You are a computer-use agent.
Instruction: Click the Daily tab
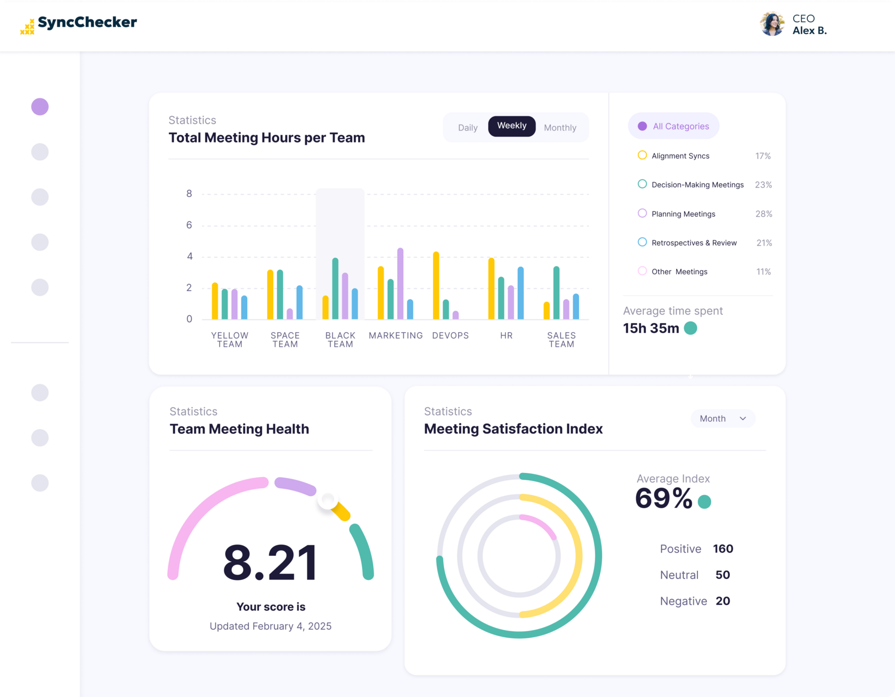[468, 128]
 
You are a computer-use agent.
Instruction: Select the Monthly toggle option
[560, 128]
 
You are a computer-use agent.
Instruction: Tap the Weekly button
[511, 126]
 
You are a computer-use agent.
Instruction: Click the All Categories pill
[673, 126]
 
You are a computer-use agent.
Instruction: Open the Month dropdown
[722, 419]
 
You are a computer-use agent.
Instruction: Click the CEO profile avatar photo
[772, 24]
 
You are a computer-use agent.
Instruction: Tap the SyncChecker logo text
[87, 22]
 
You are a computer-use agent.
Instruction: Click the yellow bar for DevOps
[436, 285]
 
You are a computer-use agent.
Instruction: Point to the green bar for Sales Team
[556, 293]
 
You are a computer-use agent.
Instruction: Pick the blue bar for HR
[520, 293]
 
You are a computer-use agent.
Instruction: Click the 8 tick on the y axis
[189, 194]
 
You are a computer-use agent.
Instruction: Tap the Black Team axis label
[340, 340]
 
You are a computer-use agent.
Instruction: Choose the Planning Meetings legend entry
[683, 214]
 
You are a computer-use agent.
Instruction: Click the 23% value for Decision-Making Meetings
[763, 185]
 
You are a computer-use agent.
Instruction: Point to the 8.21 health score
[271, 562]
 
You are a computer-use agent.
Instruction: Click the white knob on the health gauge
[328, 499]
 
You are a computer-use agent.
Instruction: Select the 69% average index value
[664, 499]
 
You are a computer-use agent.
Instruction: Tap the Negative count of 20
[722, 601]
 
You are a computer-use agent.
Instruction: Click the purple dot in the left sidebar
[40, 106]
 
